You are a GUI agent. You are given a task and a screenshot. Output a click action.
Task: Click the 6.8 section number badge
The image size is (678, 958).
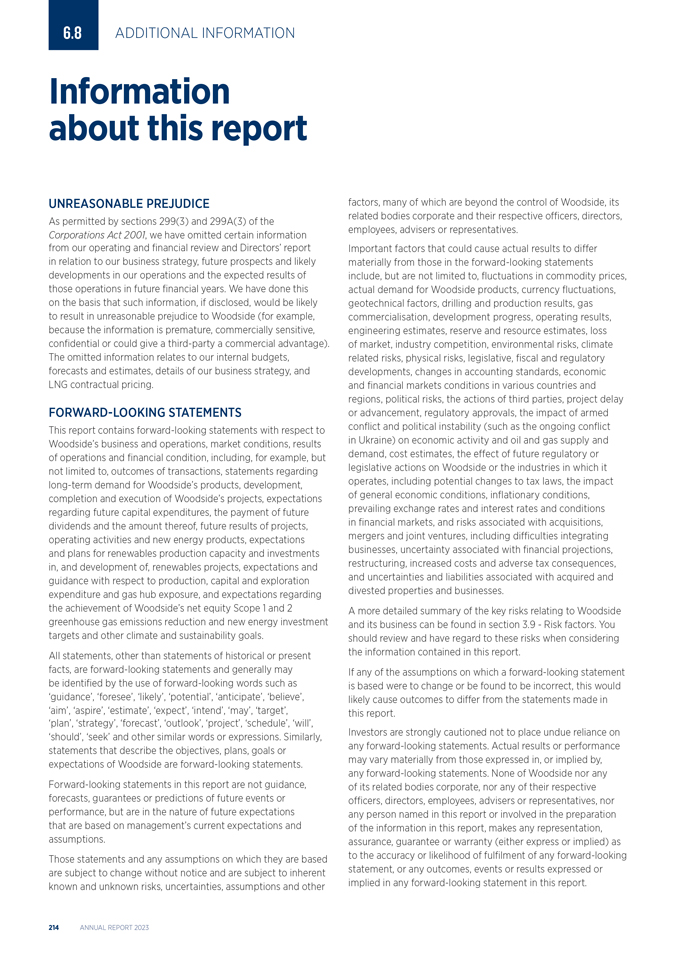coord(72,33)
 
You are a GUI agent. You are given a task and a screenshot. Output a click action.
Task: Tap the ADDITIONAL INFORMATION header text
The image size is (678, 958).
coord(205,33)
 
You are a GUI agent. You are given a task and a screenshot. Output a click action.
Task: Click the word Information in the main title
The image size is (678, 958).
coord(140,92)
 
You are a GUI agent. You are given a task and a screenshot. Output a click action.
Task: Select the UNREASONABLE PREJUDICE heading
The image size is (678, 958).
coord(129,204)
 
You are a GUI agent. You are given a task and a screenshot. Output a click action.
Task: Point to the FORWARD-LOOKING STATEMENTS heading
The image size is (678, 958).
coord(145,412)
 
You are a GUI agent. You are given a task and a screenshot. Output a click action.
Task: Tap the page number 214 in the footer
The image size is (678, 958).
coord(55,928)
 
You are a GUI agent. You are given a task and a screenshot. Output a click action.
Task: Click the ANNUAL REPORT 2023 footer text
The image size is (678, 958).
coord(114,928)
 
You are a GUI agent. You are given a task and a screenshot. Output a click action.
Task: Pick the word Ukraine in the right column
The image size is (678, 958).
coord(381,440)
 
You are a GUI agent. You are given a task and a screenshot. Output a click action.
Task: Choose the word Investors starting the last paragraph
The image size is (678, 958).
coord(372,732)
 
